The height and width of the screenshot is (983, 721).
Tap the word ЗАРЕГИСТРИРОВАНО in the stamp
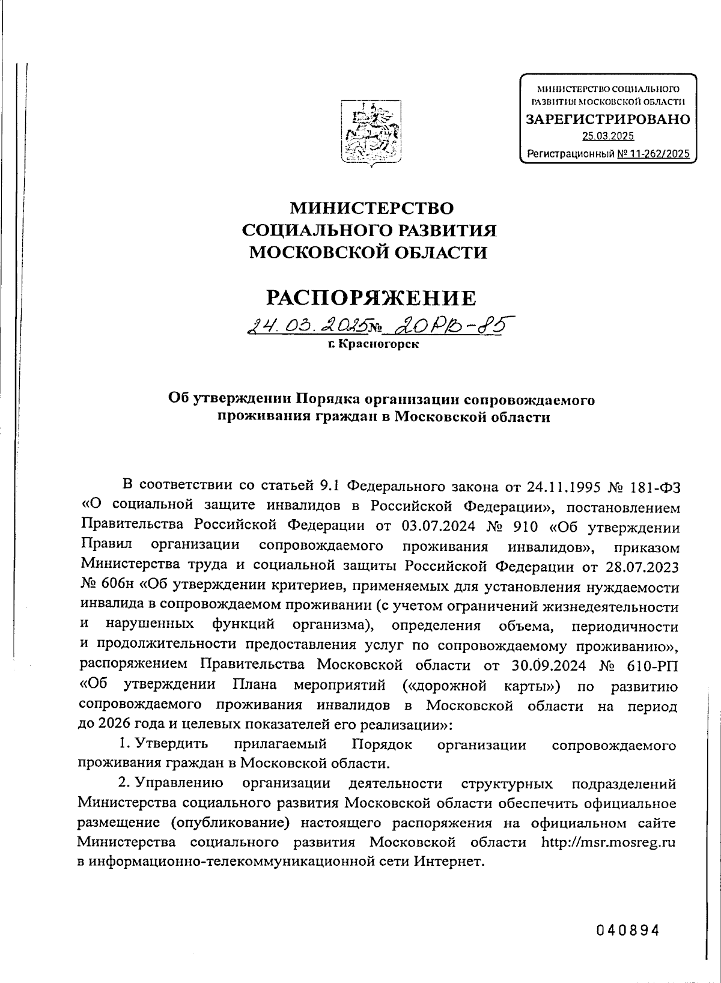pos(608,119)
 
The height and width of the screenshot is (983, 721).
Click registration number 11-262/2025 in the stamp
pos(653,154)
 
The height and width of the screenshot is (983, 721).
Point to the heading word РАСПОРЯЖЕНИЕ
pos(371,297)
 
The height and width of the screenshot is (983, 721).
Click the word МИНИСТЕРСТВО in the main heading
pos(372,208)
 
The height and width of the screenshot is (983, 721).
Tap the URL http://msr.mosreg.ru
pos(608,842)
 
